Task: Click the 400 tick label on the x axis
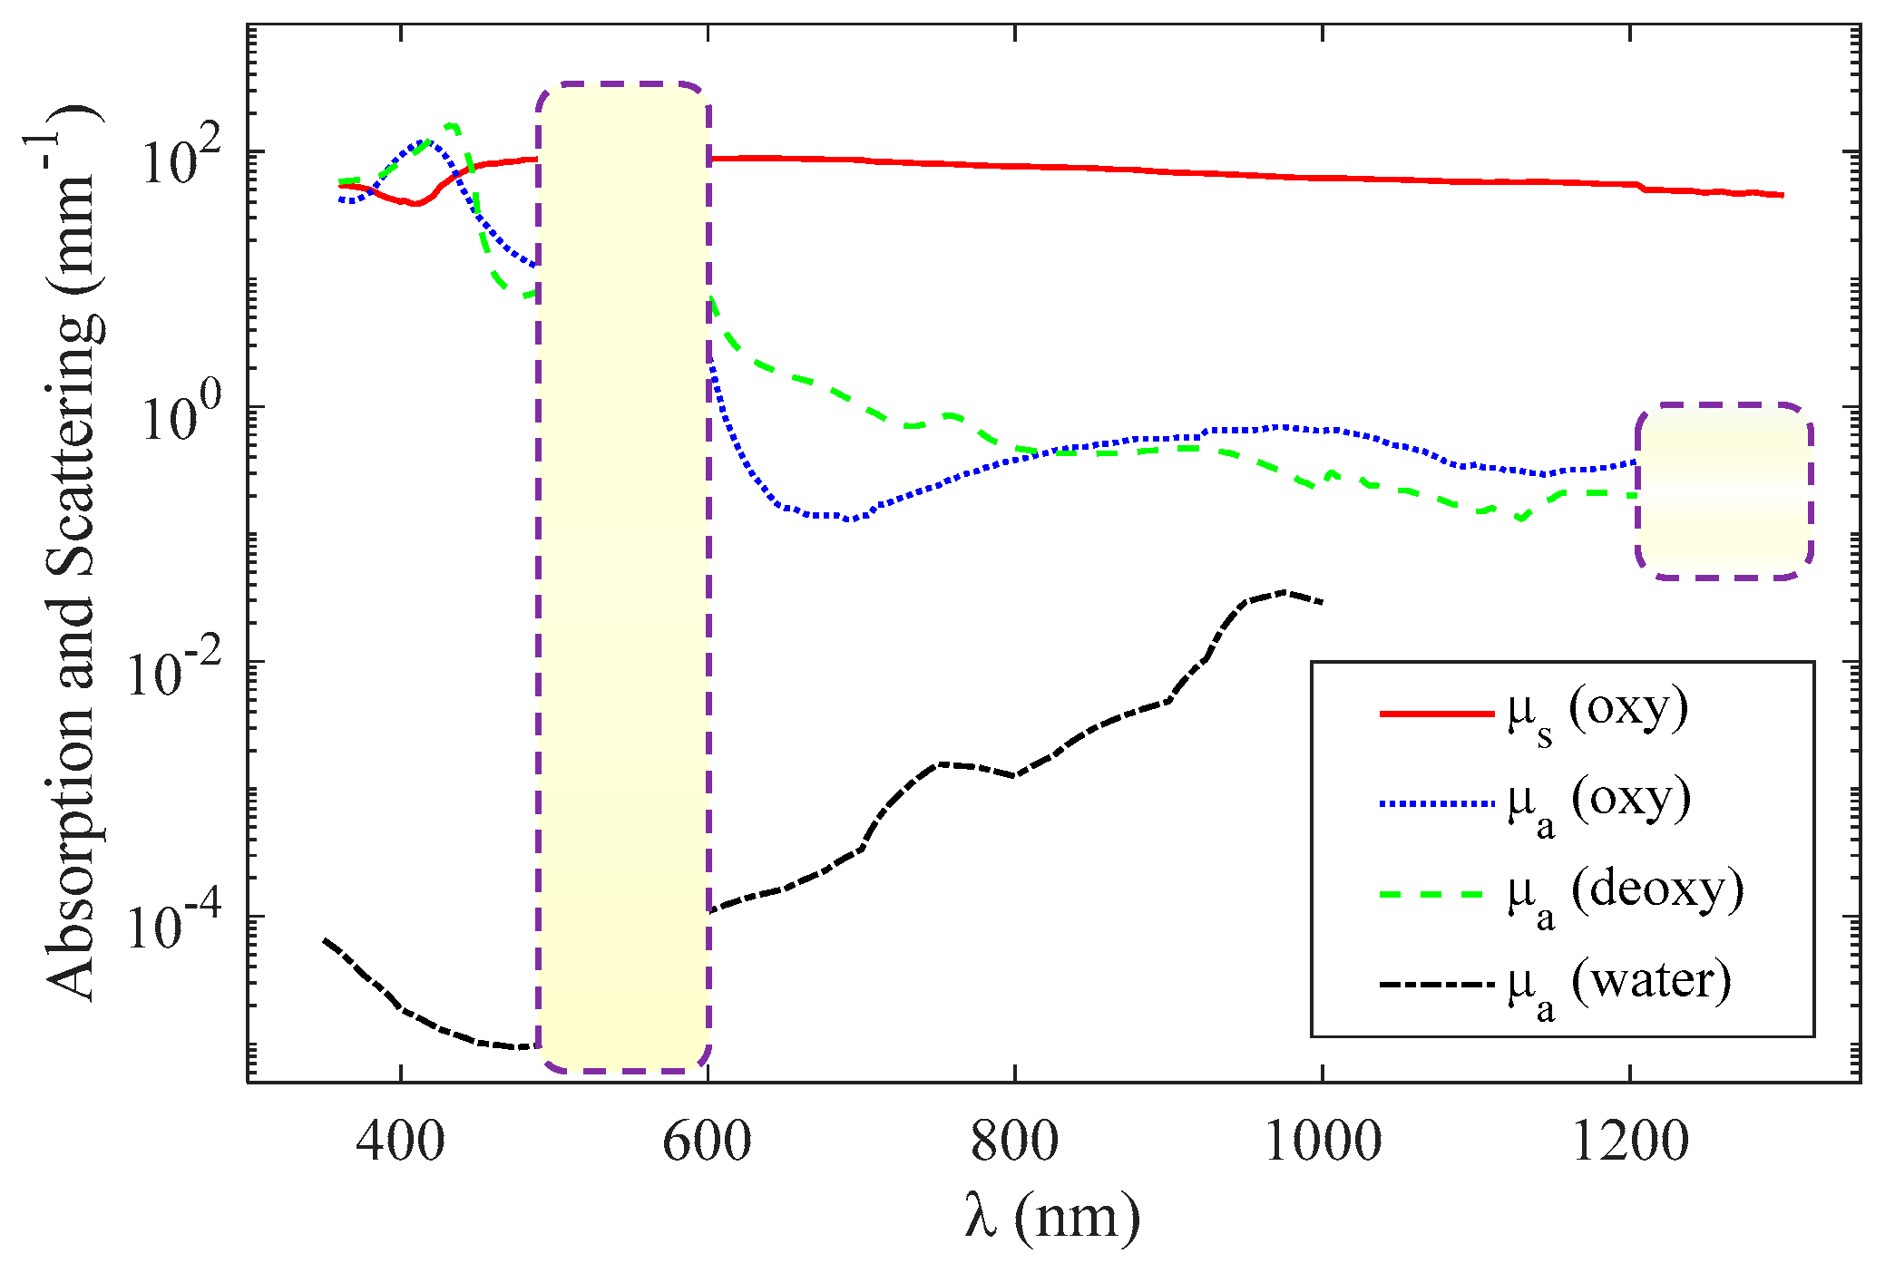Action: click(x=400, y=1142)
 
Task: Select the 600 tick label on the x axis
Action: click(x=707, y=1142)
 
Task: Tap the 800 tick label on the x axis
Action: click(x=1014, y=1142)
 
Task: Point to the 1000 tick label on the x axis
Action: click(x=1322, y=1142)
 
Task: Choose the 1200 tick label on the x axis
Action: click(x=1629, y=1142)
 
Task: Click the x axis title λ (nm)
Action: click(x=1052, y=1218)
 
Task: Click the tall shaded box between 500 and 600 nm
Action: click(x=623, y=577)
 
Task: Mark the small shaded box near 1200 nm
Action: click(x=1724, y=491)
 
